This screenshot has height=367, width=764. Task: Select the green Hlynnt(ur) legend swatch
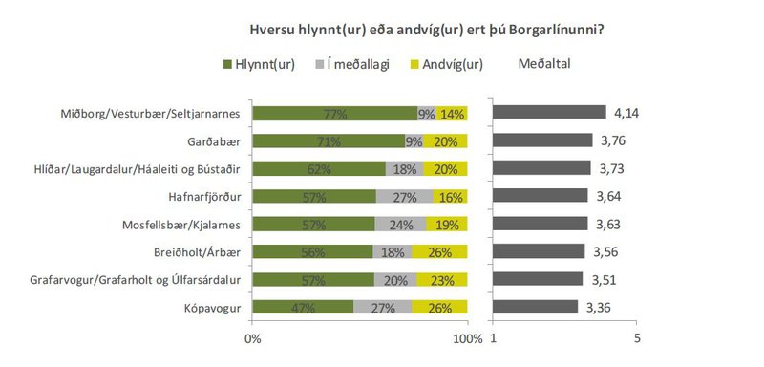click(227, 65)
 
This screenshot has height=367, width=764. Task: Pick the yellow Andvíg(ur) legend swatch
click(414, 65)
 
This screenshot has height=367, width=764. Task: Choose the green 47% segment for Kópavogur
click(304, 308)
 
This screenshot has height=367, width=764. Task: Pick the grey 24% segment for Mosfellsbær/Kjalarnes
click(400, 225)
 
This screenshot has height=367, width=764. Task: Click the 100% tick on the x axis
click(468, 339)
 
